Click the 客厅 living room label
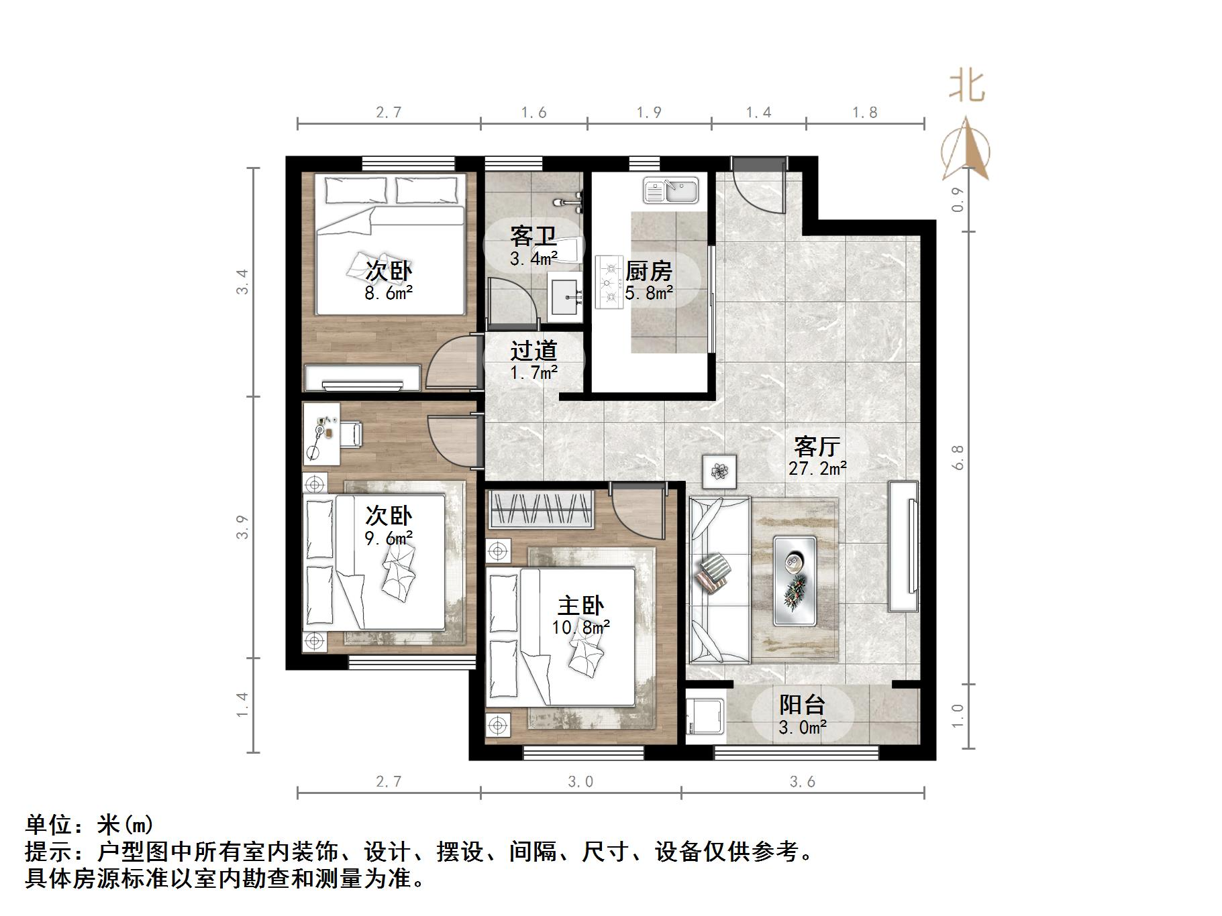pyautogui.click(x=817, y=446)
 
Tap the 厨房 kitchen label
pyautogui.click(x=648, y=272)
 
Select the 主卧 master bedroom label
pyautogui.click(x=580, y=606)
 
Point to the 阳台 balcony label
pyautogui.click(x=802, y=705)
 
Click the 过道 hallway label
pyautogui.click(x=533, y=351)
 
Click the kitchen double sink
pyautogui.click(x=671, y=190)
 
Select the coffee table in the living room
pyautogui.click(x=795, y=581)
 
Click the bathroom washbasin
pyautogui.click(x=567, y=296)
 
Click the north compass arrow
pyautogui.click(x=966, y=151)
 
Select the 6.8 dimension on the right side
pyautogui.click(x=958, y=457)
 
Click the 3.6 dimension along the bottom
pyautogui.click(x=802, y=781)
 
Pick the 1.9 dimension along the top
pyautogui.click(x=648, y=112)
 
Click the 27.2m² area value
pyautogui.click(x=817, y=468)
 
